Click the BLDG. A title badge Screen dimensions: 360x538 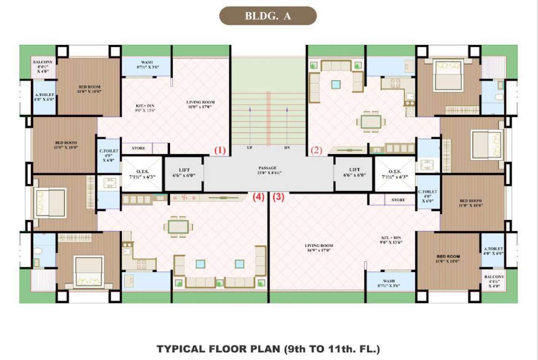click(268, 16)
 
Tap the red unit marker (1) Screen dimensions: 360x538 click(220, 150)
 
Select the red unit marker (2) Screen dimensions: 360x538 click(317, 150)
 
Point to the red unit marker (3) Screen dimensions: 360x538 click(279, 197)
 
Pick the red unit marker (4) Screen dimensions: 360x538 click(258, 197)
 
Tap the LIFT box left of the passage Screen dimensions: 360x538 click(184, 172)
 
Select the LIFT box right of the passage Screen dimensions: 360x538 click(354, 172)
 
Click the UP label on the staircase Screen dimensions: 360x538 click(250, 148)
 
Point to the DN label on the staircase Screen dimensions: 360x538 click(287, 148)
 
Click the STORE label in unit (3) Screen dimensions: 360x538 click(398, 200)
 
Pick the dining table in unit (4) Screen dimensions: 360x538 click(178, 226)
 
